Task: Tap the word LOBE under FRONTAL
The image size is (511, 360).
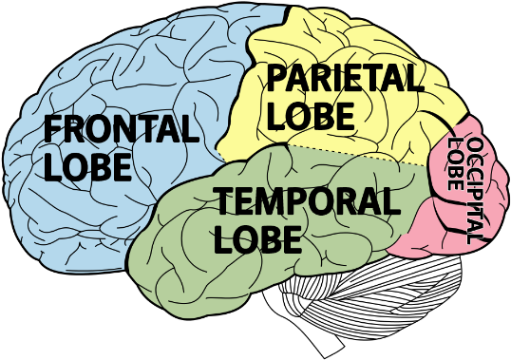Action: [x=86, y=166]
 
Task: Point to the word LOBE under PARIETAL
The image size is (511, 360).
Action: [x=310, y=115]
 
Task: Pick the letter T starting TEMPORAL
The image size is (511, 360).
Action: [x=223, y=201]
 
